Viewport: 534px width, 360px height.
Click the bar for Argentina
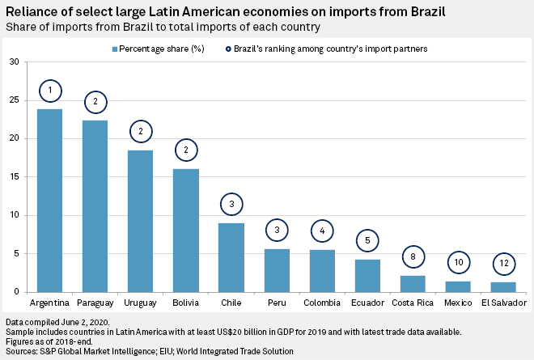coord(50,201)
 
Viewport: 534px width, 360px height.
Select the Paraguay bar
coord(95,206)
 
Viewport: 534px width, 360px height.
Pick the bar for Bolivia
coord(186,231)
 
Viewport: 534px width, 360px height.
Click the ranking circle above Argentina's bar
coord(50,89)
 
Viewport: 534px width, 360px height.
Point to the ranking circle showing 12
coord(503,263)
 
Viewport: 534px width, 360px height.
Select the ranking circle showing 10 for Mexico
coord(458,263)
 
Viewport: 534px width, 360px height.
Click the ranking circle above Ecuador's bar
coord(367,240)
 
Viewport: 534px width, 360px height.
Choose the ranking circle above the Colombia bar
coord(322,231)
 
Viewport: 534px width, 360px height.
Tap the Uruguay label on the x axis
coord(141,303)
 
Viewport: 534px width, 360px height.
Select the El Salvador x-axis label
coord(503,303)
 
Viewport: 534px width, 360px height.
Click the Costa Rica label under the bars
coord(413,303)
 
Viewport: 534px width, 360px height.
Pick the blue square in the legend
coord(115,49)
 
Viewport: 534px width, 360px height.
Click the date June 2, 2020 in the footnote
coord(87,323)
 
